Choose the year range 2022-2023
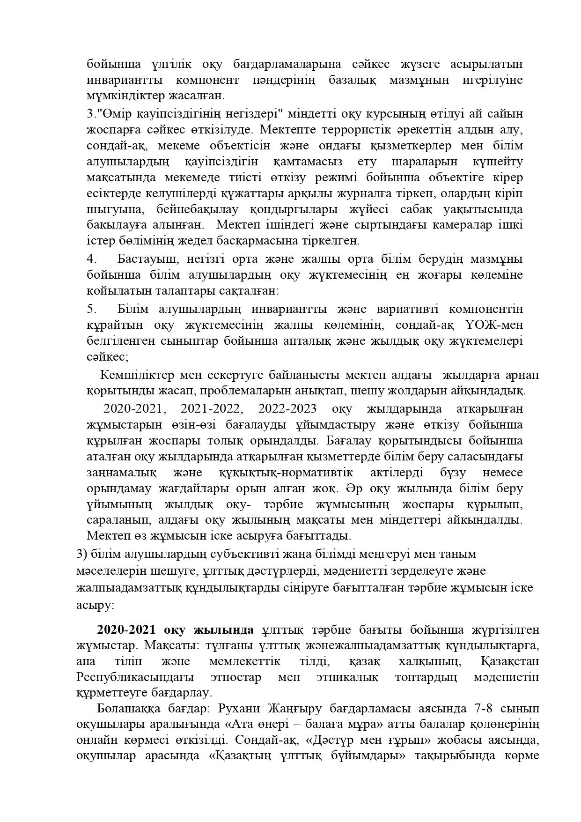tap(287, 408)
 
